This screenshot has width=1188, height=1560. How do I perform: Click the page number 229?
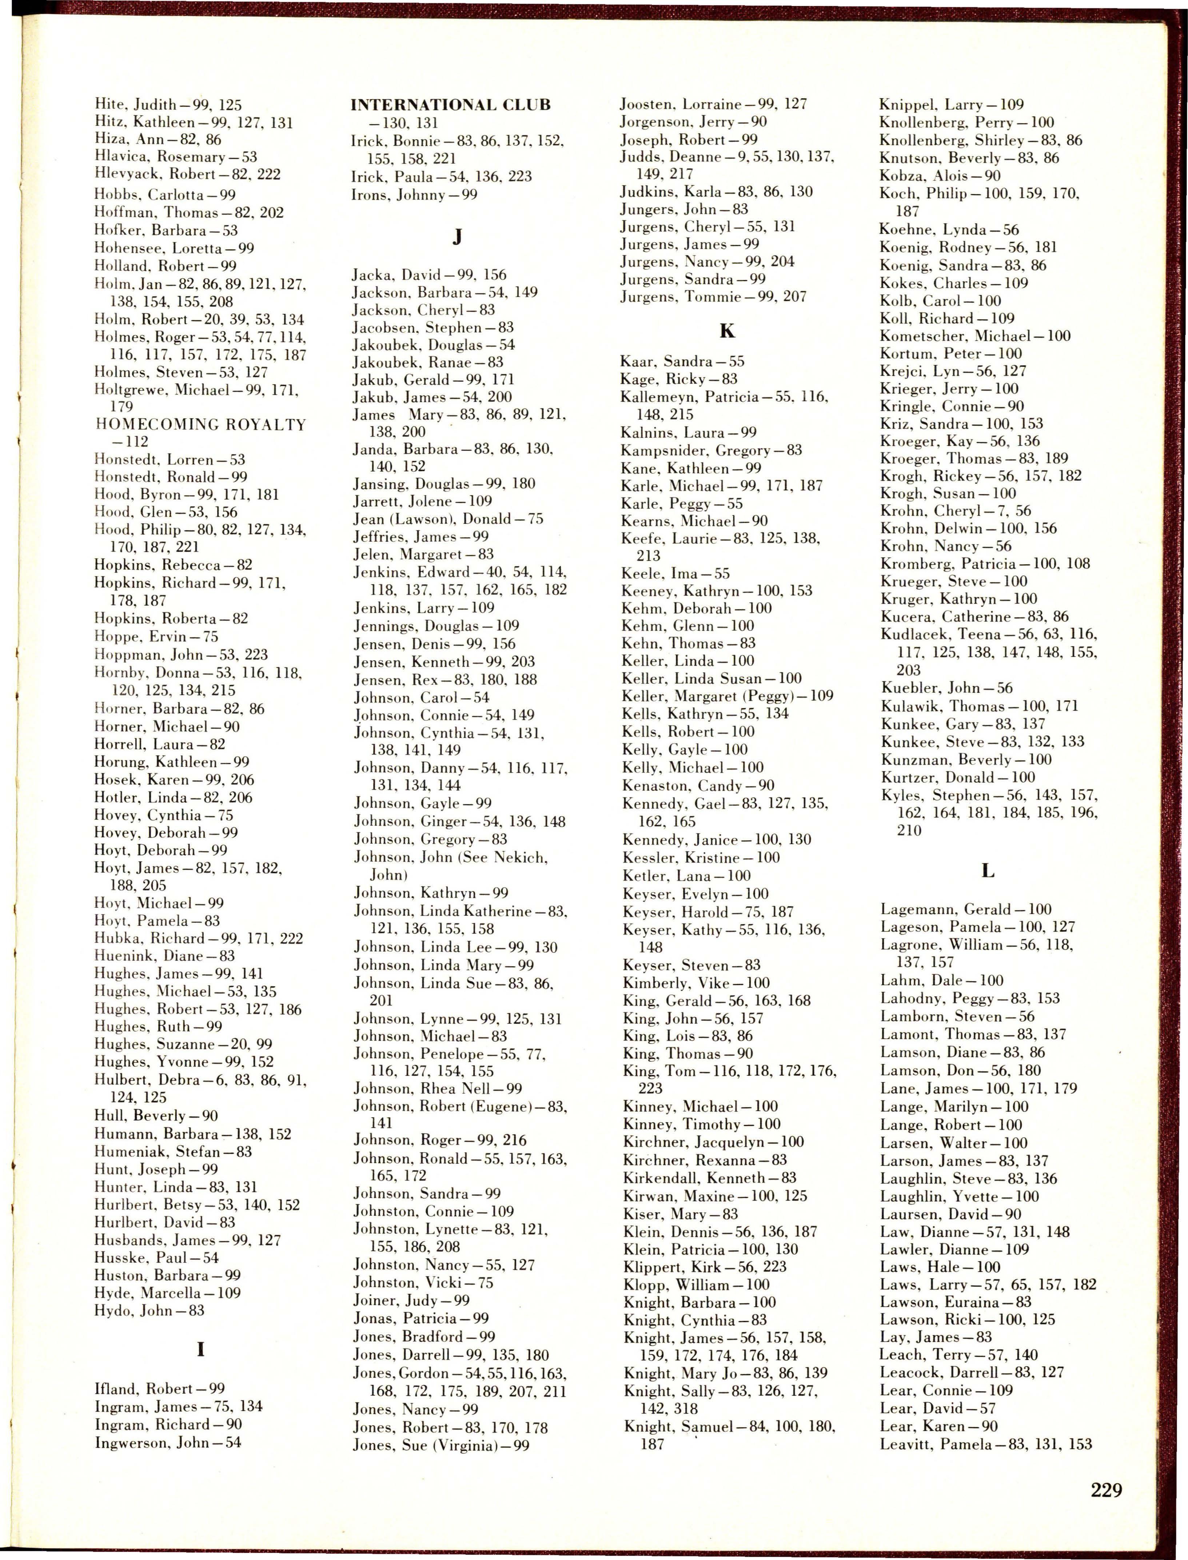point(1106,1489)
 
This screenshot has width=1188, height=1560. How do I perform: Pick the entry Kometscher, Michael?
point(975,336)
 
